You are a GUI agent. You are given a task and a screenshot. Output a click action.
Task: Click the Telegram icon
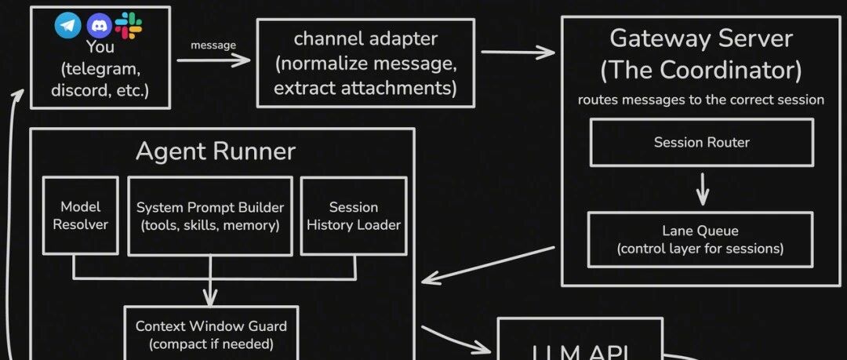coord(67,26)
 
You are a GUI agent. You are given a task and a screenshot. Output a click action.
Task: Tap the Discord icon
coord(98,26)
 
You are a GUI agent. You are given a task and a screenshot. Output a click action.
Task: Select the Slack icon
coord(128,26)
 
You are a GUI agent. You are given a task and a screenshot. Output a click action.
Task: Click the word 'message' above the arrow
coord(213,45)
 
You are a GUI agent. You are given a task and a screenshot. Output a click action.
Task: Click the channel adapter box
coord(365,63)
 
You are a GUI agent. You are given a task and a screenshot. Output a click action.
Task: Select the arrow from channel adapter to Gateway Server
coord(518,53)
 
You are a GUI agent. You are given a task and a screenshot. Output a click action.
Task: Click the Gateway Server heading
coord(701,38)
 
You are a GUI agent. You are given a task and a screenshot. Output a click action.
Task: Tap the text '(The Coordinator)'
coord(701,71)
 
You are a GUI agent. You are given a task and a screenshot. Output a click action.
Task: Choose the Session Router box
coord(702,143)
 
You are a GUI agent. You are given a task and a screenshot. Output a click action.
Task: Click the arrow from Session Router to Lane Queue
coord(703,188)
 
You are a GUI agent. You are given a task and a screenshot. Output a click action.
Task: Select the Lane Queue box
coord(700,239)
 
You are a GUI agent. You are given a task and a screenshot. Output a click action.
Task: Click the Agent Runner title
coord(216,151)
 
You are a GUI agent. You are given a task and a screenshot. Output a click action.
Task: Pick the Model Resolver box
coord(81,216)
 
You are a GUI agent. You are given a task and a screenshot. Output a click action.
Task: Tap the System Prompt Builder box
coord(210,216)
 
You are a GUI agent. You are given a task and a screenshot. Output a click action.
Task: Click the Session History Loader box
coord(354,216)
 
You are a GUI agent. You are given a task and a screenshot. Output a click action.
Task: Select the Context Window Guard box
coord(211,334)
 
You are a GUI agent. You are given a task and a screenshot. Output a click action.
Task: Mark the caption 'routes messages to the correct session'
coord(701,100)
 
